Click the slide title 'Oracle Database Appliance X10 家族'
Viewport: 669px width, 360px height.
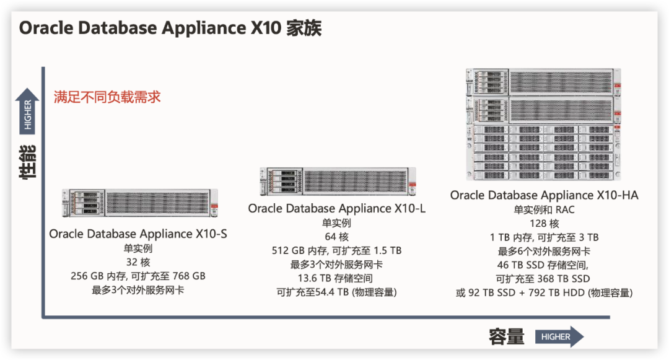[170, 28]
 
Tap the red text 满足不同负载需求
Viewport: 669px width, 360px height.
[107, 97]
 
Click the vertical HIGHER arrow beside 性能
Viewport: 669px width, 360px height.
[27, 112]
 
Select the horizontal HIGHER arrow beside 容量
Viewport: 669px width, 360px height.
[559, 336]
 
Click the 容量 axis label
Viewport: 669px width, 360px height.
[507, 336]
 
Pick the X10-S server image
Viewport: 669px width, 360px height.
[140, 203]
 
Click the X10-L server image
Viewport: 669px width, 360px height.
[338, 182]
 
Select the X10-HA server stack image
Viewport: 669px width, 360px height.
[543, 124]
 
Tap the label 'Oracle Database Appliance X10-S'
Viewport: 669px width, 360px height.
[138, 234]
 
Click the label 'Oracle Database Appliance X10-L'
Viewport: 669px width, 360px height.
[336, 208]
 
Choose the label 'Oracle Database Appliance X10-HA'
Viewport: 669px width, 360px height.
[544, 195]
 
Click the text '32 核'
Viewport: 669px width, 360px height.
[138, 262]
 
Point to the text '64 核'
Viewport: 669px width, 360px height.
[336, 237]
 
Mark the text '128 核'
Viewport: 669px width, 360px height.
[544, 224]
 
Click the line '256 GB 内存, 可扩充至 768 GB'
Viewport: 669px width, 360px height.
[138, 276]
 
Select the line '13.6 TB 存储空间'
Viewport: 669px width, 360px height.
[335, 278]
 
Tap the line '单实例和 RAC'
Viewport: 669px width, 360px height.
[544, 209]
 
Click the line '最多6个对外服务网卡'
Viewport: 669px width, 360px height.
[544, 251]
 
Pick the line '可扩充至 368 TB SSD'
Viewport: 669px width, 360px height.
[543, 279]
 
